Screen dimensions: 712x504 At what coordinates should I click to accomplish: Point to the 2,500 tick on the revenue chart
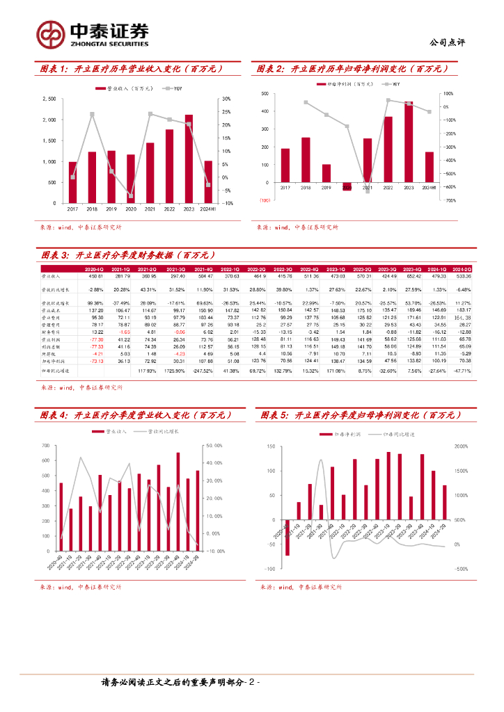point(48,99)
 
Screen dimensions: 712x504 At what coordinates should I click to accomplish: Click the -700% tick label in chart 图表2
point(448,200)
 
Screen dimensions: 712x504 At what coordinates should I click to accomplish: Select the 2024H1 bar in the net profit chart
point(430,167)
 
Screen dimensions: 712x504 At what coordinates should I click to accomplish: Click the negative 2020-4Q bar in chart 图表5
point(287,537)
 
